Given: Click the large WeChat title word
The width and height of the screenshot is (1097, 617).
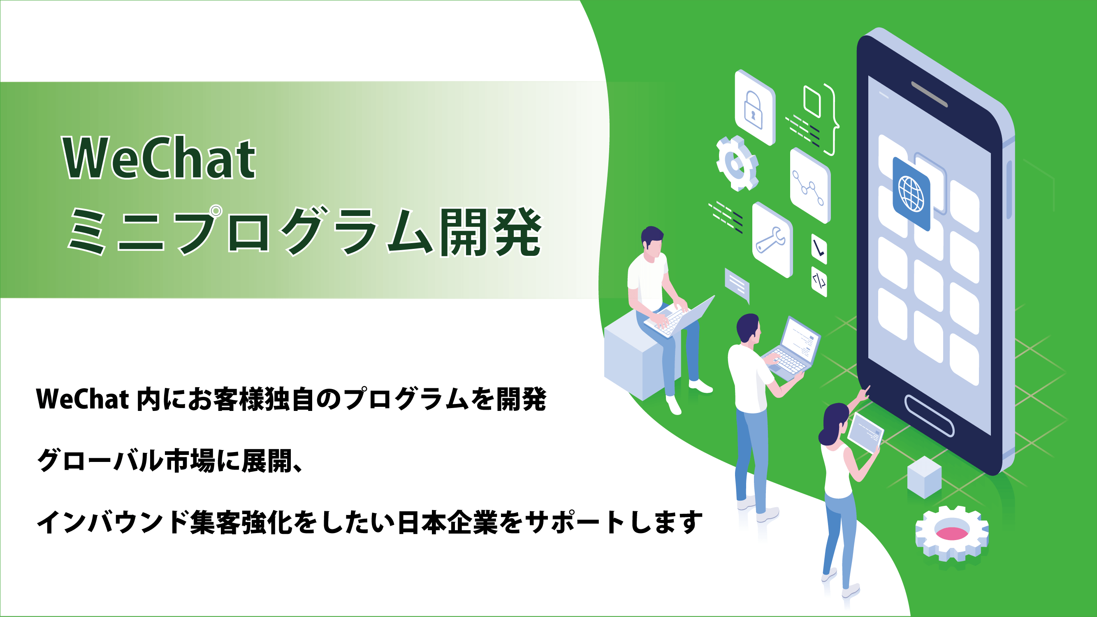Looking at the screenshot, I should click(x=159, y=158).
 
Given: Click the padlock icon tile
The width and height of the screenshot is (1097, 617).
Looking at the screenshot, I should click(x=754, y=108).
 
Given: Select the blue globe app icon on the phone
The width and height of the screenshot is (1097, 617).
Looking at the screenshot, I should click(x=911, y=194).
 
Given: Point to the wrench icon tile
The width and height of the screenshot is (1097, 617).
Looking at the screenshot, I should click(x=772, y=240).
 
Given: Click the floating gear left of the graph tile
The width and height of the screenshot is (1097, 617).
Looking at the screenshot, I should click(x=736, y=164).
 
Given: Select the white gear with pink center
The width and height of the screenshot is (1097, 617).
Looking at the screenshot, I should click(x=952, y=533).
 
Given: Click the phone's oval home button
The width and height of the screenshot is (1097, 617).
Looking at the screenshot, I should click(x=929, y=415).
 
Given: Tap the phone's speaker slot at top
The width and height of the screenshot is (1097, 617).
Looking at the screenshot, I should click(x=929, y=94).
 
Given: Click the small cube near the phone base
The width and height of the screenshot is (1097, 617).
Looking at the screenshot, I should click(x=924, y=477).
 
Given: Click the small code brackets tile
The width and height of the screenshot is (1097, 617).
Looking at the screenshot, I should click(x=819, y=281).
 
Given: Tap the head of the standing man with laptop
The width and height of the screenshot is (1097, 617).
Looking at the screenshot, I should click(x=748, y=328).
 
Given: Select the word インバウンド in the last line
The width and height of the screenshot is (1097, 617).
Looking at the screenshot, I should click(x=113, y=522).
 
